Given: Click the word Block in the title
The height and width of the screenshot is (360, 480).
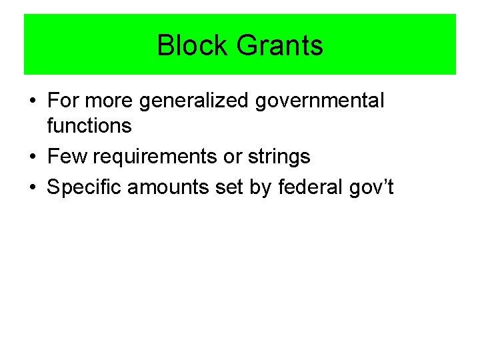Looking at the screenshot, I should coord(185,45).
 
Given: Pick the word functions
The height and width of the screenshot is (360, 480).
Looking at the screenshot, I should coord(89,125).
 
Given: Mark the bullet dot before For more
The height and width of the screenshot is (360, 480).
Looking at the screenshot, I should coord(33,102).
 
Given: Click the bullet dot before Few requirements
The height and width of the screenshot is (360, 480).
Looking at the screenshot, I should coord(33,157).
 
